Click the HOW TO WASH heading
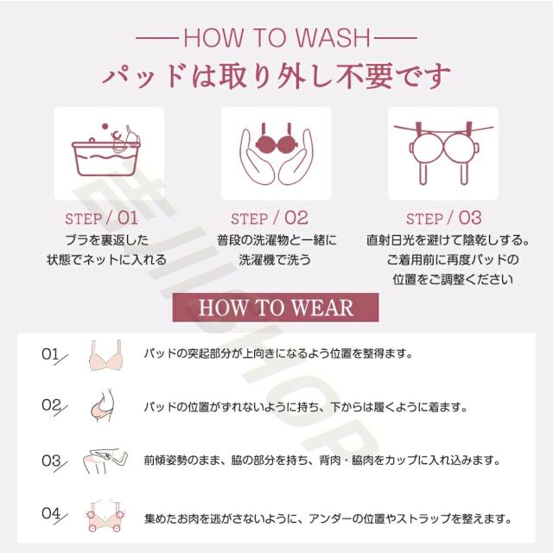click(x=276, y=37)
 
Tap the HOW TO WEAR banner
click(x=276, y=308)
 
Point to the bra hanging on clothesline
click(x=443, y=152)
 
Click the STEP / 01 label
click(x=101, y=219)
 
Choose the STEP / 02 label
click(x=270, y=219)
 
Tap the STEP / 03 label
click(x=443, y=219)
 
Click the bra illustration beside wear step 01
click(x=105, y=355)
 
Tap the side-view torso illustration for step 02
click(x=103, y=405)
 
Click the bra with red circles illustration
click(x=105, y=517)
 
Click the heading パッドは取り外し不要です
click(x=276, y=76)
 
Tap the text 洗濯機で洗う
click(x=275, y=260)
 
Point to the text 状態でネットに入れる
click(x=107, y=260)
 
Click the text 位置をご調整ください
click(x=453, y=279)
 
